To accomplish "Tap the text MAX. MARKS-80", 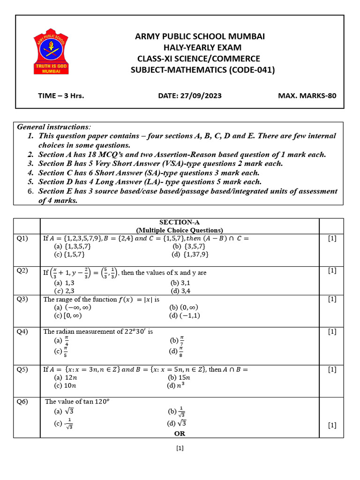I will [307, 96].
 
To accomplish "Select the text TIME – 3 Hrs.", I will [61, 96].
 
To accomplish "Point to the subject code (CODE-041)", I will [252, 70].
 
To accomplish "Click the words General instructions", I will [54, 127].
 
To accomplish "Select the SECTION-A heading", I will [180, 222].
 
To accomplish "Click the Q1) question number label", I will [22, 239].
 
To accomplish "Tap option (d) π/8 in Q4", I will [176, 351].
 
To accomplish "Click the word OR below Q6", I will [180, 434].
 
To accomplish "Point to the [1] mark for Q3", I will [332, 299].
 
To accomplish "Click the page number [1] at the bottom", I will [180, 448].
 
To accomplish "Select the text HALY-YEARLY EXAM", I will [202, 47].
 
